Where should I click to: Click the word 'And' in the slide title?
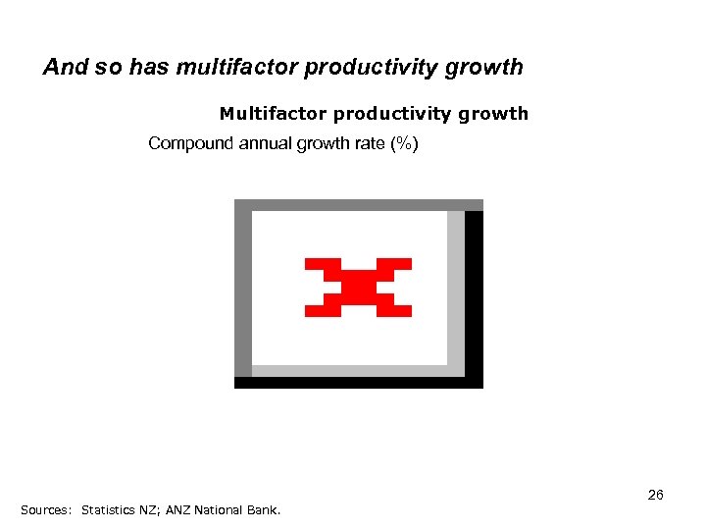65,68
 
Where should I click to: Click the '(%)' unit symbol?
404,143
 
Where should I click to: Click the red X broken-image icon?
358,288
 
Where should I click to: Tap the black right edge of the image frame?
474,294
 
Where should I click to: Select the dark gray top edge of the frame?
358,205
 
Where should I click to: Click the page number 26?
655,495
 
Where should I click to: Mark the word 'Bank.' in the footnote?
264,510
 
